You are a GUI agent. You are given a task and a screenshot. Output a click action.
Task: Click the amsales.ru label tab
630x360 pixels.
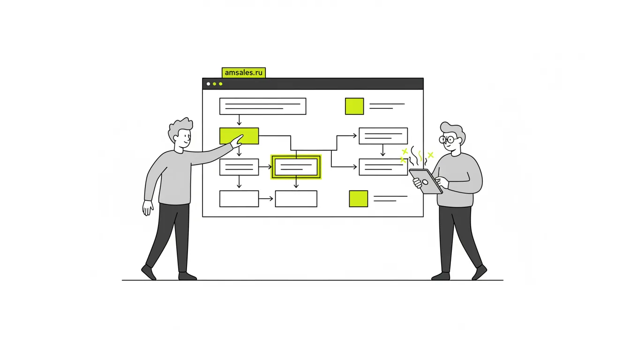click(244, 73)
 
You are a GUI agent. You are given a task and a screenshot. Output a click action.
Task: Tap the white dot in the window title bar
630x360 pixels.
click(209, 84)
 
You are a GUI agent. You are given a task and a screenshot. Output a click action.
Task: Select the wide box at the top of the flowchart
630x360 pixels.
click(262, 106)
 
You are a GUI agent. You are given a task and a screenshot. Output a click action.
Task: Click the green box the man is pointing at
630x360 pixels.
click(239, 136)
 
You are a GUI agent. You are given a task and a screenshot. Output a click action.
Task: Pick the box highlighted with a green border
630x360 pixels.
click(296, 167)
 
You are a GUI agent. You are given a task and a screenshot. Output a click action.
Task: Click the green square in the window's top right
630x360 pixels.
click(354, 106)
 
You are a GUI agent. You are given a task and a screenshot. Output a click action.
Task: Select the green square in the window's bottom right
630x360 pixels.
click(358, 199)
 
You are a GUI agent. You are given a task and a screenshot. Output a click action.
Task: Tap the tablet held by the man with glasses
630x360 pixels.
click(426, 181)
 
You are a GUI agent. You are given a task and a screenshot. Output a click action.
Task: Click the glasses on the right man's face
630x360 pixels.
click(449, 140)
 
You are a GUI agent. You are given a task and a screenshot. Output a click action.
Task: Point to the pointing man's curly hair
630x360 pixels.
click(180, 128)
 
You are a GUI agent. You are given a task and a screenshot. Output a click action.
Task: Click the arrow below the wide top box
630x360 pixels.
click(239, 120)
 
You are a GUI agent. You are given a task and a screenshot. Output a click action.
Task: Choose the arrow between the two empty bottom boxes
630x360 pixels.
click(266, 199)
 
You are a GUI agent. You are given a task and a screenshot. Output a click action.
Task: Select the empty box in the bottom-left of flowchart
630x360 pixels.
click(239, 199)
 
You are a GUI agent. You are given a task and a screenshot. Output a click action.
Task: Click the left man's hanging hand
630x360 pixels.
click(147, 208)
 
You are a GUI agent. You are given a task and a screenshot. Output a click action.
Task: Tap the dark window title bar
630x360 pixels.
click(313, 84)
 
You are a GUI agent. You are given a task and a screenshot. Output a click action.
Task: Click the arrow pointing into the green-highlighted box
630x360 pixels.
click(265, 167)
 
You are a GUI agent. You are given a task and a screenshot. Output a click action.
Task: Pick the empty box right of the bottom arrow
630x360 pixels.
click(296, 199)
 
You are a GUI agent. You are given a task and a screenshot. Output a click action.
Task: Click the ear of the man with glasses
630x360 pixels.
click(459, 141)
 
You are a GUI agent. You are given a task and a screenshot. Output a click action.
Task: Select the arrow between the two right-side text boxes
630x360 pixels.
click(383, 150)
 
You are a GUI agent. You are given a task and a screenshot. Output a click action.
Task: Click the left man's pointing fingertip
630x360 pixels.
click(242, 135)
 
